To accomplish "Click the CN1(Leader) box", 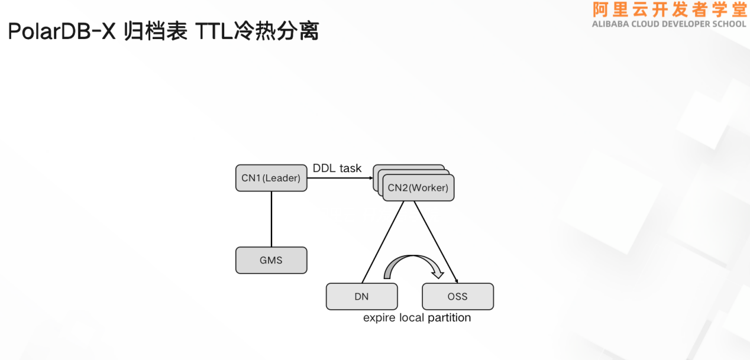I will click(271, 178).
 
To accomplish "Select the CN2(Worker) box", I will click(418, 188).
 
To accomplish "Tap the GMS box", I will click(271, 260).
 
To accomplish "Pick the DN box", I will click(361, 297).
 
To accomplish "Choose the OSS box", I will click(457, 297).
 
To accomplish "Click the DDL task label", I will click(337, 168).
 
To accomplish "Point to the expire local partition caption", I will click(417, 317).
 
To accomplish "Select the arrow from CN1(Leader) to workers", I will click(340, 178).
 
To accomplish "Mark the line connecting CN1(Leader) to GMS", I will click(271, 219).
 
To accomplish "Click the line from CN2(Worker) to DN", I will click(383, 242).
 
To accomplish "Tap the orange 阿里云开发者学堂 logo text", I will click(670, 10).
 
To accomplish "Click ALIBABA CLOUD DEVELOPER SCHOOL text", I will click(670, 24).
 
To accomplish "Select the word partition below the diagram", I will click(449, 317).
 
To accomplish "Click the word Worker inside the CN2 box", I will click(428, 188).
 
